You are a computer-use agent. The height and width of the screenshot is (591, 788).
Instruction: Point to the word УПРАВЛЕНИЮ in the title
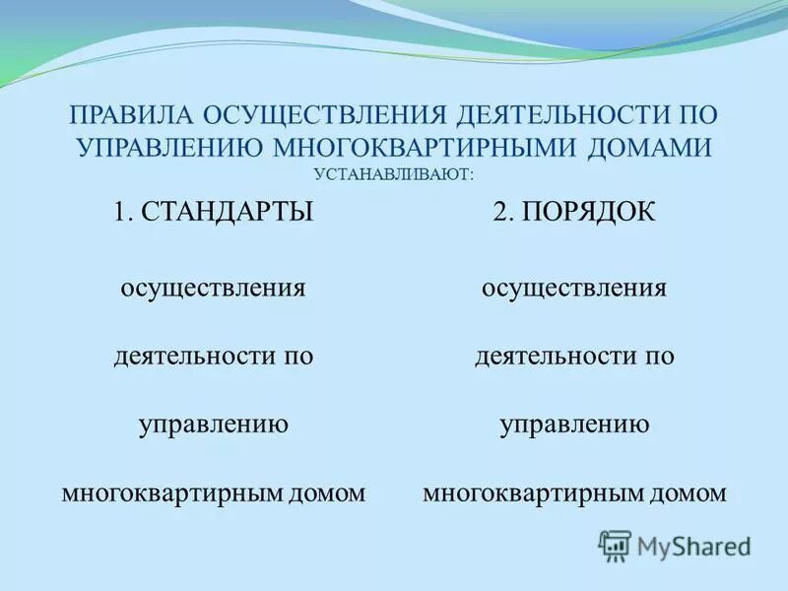tap(168, 148)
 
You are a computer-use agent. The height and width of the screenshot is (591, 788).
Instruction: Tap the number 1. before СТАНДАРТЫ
tap(123, 212)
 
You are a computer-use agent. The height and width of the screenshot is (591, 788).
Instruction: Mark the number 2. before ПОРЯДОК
tap(503, 212)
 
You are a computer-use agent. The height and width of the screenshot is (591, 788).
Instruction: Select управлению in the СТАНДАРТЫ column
tap(213, 425)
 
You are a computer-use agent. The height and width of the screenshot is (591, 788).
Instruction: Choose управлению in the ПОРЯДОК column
tap(574, 425)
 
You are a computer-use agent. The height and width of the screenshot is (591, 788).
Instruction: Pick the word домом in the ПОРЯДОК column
tap(693, 492)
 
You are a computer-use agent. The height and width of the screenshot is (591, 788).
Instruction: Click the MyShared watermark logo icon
tap(615, 545)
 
